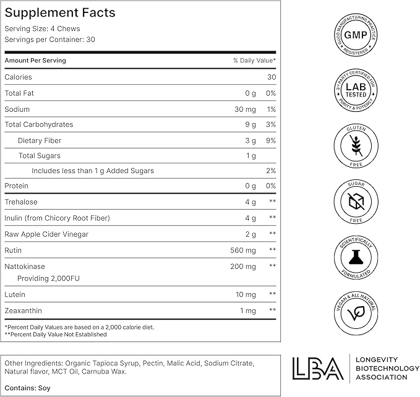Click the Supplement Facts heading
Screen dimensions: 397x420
pos(60,13)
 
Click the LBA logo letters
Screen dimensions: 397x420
pos(316,369)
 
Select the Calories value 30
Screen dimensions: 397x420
pos(271,77)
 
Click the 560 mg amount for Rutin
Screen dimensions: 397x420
pos(242,250)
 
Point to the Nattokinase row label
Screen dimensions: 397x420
pos(25,267)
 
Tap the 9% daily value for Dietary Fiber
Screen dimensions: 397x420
pos(270,140)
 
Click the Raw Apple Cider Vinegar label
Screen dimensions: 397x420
pos(46,234)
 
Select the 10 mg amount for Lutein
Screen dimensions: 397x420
pos(246,295)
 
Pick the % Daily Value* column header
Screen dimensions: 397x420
pos(254,61)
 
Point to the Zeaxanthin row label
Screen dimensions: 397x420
pos(24,310)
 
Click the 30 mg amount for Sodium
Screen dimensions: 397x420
pos(245,109)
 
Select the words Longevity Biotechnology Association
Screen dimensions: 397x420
pos(384,369)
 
